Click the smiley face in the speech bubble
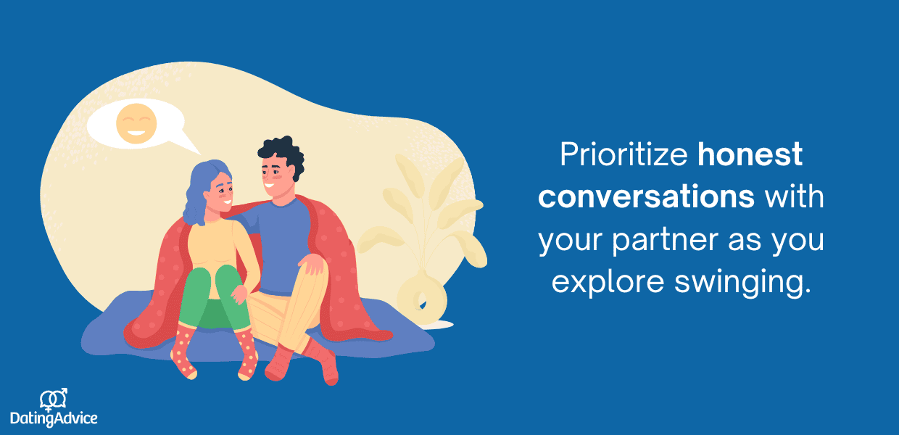pos(136,123)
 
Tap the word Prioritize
pos(623,154)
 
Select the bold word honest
pos(750,154)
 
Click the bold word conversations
pos(646,196)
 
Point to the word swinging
pos(742,283)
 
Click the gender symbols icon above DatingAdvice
pos(54,399)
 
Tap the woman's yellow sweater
pos(219,249)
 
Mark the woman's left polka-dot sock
pos(184,352)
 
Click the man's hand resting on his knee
pos(311,263)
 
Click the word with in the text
pos(795,196)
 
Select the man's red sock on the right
pos(321,362)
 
